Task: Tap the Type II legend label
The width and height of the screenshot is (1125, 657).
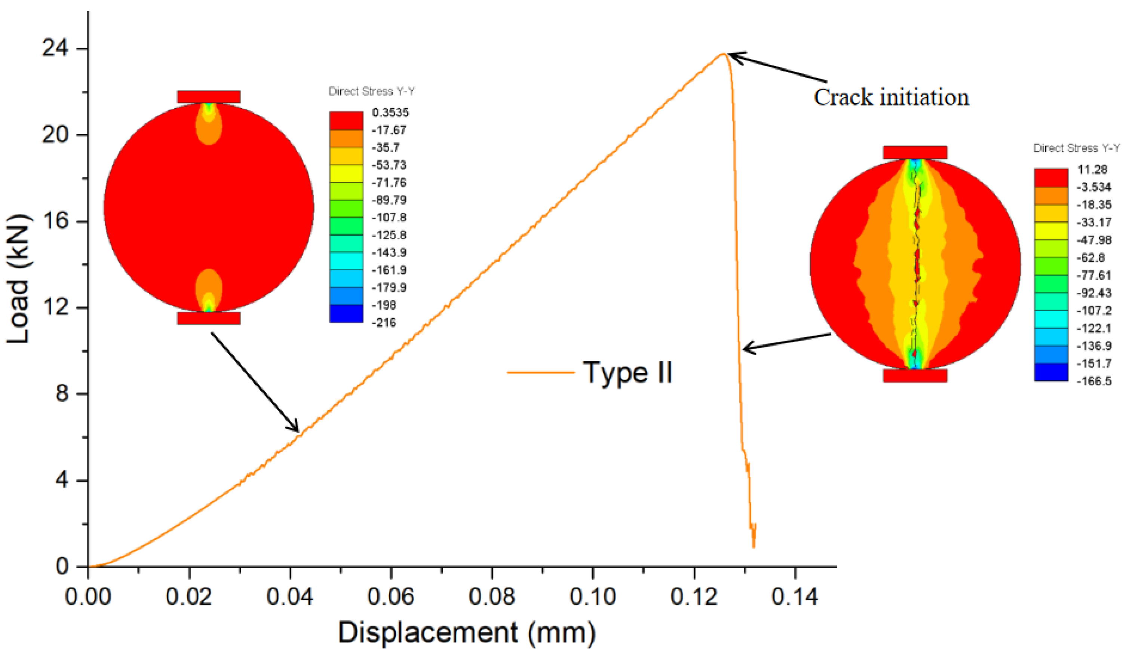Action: pyautogui.click(x=627, y=372)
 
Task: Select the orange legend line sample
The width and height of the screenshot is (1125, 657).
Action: pyautogui.click(x=540, y=372)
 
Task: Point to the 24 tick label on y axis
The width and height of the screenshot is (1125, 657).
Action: pyautogui.click(x=55, y=48)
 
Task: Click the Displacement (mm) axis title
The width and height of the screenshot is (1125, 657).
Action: pyautogui.click(x=467, y=633)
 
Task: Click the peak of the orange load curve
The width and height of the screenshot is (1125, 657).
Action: pyautogui.click(x=723, y=54)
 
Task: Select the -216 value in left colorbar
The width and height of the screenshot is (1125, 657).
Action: pyautogui.click(x=384, y=322)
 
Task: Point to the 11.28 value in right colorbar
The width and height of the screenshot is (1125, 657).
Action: pyautogui.click(x=1092, y=169)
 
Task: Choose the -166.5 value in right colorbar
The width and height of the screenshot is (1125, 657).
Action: pyautogui.click(x=1094, y=381)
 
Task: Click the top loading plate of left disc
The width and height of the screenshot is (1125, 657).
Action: pyautogui.click(x=209, y=96)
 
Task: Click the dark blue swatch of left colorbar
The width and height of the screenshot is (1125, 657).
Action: pyautogui.click(x=346, y=313)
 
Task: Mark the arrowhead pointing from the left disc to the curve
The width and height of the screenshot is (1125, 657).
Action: pyautogui.click(x=297, y=430)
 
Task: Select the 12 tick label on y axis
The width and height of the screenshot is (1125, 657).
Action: pyautogui.click(x=55, y=307)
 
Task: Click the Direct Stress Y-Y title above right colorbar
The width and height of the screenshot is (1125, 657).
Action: pyautogui.click(x=1076, y=148)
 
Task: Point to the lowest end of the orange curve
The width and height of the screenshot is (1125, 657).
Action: pyautogui.click(x=754, y=547)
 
